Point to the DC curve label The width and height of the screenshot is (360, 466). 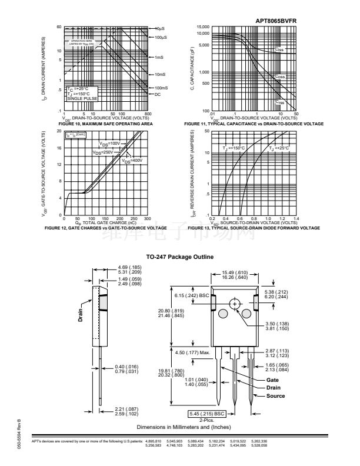tap(158, 94)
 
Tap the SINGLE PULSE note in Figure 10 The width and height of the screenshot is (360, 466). tap(79, 99)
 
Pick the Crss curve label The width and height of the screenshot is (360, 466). tap(281, 101)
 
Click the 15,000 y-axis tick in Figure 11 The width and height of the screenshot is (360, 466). tap(202, 28)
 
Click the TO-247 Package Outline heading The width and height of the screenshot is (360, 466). tap(179, 257)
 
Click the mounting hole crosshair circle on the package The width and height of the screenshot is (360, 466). tap(235, 304)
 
